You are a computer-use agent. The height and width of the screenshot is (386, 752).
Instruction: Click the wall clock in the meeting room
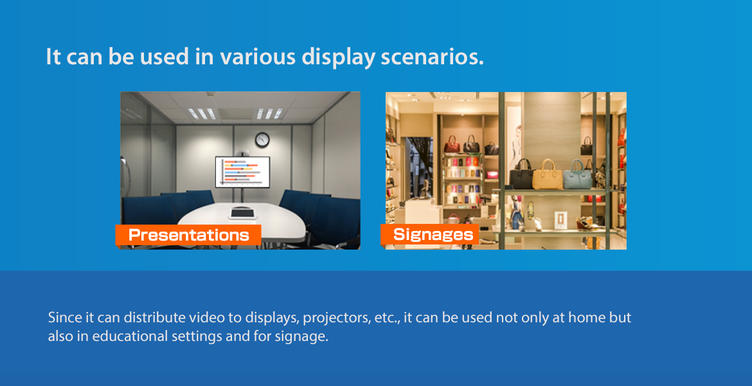click(262, 140)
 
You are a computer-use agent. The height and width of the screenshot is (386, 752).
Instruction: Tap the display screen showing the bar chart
click(242, 172)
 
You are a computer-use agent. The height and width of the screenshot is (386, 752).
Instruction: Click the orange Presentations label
click(188, 235)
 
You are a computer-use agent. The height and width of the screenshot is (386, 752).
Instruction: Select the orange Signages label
click(430, 234)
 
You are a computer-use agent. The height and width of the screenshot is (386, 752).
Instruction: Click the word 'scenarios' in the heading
click(432, 57)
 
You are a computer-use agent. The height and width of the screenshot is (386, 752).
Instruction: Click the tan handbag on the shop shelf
click(547, 174)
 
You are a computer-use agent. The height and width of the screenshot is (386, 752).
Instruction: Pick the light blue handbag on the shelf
click(577, 174)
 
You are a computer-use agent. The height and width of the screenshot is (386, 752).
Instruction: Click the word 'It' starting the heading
click(53, 57)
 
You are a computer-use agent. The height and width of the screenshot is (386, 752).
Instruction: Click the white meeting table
click(242, 223)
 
